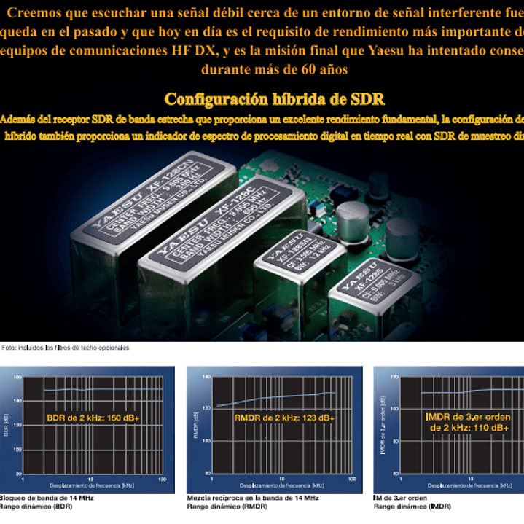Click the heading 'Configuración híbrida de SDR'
pos(274,99)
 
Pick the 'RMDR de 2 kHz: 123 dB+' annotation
pos(284,418)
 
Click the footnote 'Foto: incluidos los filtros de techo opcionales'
pos(66,348)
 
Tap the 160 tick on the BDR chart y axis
pos(17,378)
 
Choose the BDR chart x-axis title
pos(90,485)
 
